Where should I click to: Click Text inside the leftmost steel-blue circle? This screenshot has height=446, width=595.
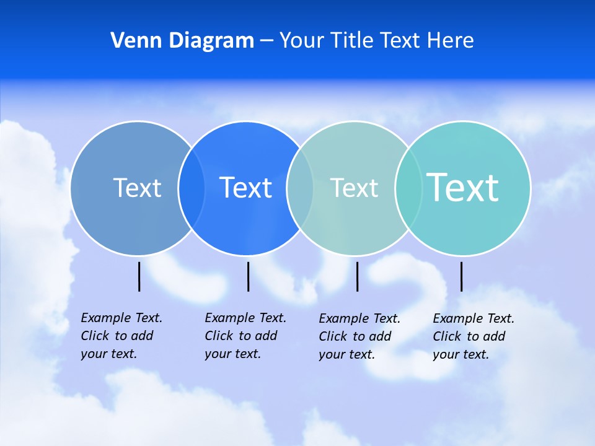pyautogui.click(x=137, y=188)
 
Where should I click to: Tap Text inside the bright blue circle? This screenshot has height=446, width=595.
pyautogui.click(x=246, y=188)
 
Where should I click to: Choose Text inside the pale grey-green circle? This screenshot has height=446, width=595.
pyautogui.click(x=354, y=188)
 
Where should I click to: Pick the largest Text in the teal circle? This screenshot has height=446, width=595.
pyautogui.click(x=463, y=187)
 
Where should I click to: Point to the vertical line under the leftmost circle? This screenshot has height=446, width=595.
pyautogui.click(x=139, y=276)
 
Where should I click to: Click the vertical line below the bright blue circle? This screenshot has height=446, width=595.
pyautogui.click(x=248, y=276)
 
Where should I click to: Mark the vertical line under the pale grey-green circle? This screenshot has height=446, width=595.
pyautogui.click(x=358, y=276)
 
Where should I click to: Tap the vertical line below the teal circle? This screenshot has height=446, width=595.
pyautogui.click(x=461, y=276)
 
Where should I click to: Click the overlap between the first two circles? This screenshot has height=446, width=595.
pyautogui.click(x=192, y=188)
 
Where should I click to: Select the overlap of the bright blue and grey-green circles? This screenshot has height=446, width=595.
pyautogui.click(x=300, y=188)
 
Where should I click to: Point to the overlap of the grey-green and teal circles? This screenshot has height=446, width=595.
pyautogui.click(x=408, y=188)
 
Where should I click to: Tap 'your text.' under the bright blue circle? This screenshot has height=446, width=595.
pyautogui.click(x=232, y=354)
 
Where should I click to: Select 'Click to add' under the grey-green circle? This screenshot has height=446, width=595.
pyautogui.click(x=355, y=336)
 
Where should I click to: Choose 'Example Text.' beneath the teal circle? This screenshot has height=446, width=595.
pyautogui.click(x=474, y=318)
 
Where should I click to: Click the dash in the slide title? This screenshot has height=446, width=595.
pyautogui.click(x=267, y=41)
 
